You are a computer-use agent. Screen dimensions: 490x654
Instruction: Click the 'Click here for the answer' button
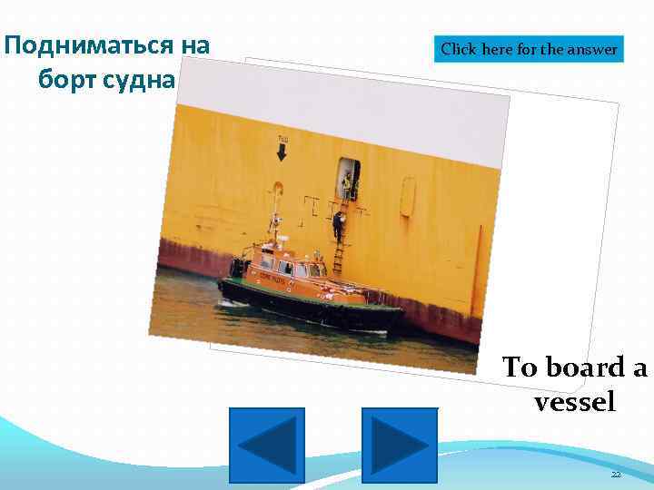(x=530, y=49)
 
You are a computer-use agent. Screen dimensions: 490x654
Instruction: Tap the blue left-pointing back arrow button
(x=266, y=445)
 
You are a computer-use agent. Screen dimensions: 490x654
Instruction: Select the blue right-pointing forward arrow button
(x=399, y=445)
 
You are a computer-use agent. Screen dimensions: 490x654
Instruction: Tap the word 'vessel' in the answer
(x=575, y=401)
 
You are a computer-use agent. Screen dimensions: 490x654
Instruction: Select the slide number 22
(x=615, y=475)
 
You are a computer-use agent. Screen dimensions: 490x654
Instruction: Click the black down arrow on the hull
(x=282, y=152)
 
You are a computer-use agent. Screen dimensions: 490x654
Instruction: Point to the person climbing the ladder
(x=338, y=223)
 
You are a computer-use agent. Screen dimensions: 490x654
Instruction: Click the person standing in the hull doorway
(x=346, y=184)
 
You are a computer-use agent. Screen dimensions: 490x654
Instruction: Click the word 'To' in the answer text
(x=520, y=367)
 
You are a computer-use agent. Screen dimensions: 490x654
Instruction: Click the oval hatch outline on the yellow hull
(x=408, y=196)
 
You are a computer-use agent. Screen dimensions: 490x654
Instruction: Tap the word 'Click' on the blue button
(x=459, y=49)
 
